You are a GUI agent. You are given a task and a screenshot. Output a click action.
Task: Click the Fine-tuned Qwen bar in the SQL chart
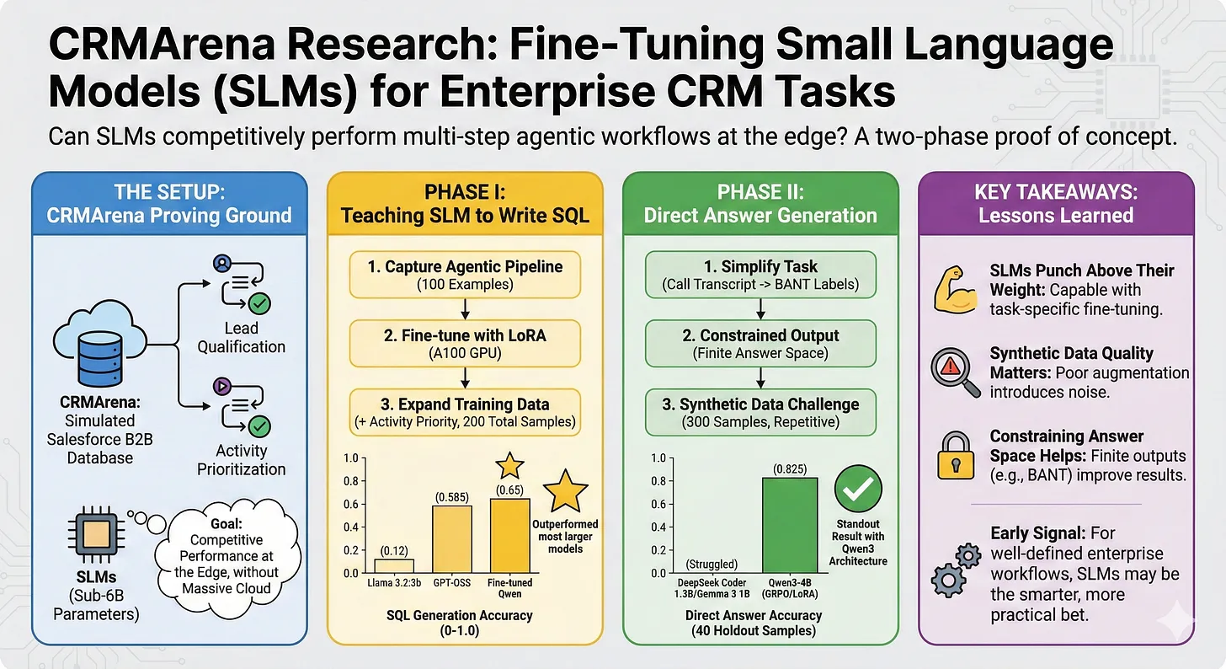click(x=509, y=535)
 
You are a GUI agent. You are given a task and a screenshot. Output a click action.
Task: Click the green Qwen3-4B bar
click(x=790, y=526)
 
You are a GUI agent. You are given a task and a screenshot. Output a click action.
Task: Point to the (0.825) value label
click(x=790, y=467)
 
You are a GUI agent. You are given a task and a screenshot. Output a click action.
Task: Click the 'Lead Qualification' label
click(x=242, y=336)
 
